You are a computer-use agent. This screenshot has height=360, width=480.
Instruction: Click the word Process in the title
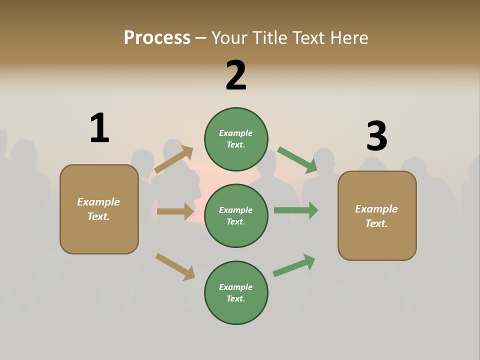157,38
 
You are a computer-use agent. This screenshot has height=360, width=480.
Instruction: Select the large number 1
99,128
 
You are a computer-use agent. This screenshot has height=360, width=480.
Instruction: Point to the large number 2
236,75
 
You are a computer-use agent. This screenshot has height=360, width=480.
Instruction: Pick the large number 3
376,136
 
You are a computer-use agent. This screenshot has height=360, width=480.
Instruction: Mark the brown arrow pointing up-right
173,159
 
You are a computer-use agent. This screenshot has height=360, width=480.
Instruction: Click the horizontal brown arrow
175,211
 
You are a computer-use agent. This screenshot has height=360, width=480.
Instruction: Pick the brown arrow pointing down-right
175,266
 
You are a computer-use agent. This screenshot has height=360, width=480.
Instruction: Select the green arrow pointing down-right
297,160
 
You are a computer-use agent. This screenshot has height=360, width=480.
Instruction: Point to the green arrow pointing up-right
294,265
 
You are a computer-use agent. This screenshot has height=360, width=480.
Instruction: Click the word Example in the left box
98,202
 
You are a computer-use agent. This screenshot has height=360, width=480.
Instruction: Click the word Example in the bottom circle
236,287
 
